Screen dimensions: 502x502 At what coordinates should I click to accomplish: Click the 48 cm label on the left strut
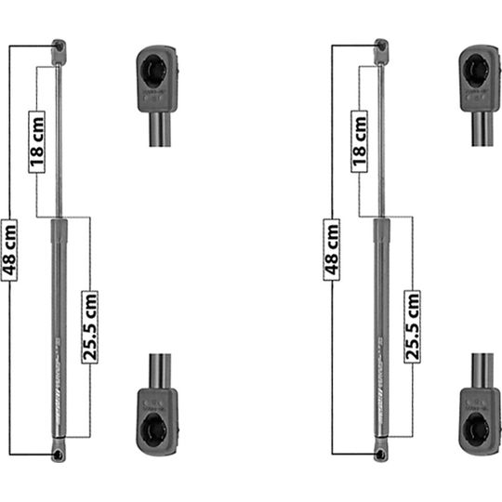click(9, 248)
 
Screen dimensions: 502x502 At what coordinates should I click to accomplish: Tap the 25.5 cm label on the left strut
click(89, 325)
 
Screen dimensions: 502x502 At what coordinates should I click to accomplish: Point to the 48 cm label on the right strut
click(332, 248)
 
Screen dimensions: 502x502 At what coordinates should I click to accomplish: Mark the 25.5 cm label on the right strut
click(412, 325)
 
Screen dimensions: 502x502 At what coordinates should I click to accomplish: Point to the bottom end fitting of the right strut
click(381, 452)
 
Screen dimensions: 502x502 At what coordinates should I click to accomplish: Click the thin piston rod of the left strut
click(59, 139)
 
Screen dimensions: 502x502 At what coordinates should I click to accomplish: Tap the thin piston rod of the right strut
click(381, 139)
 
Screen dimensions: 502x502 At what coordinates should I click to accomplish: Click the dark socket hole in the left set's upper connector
click(157, 68)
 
